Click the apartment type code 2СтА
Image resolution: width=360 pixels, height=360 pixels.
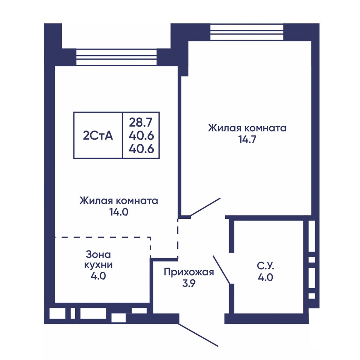[x=98, y=136]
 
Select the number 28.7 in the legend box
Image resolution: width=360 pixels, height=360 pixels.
[x=141, y=123]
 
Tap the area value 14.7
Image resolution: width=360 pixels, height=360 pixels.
[x=247, y=139]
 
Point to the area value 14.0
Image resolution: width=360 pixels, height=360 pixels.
[x=119, y=212]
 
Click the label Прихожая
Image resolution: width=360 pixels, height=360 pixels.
[x=189, y=272]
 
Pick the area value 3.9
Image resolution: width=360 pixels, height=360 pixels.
[x=189, y=283]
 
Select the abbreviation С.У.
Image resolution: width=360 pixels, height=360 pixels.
[x=265, y=266]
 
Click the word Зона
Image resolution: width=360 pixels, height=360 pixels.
[x=98, y=255]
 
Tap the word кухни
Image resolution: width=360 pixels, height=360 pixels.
[x=98, y=265]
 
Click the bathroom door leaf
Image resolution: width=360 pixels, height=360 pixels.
[x=221, y=270]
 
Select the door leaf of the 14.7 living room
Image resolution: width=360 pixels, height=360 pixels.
[x=205, y=207]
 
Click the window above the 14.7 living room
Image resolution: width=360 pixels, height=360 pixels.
[x=247, y=32]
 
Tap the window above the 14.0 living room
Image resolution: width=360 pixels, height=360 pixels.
[x=116, y=57]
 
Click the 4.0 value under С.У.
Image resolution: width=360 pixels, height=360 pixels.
[x=265, y=277]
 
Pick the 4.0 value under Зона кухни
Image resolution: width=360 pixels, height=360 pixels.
[x=98, y=276]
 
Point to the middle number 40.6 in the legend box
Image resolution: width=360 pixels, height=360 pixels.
[x=141, y=136]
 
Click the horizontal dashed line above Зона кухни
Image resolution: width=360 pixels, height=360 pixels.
[x=103, y=237]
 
